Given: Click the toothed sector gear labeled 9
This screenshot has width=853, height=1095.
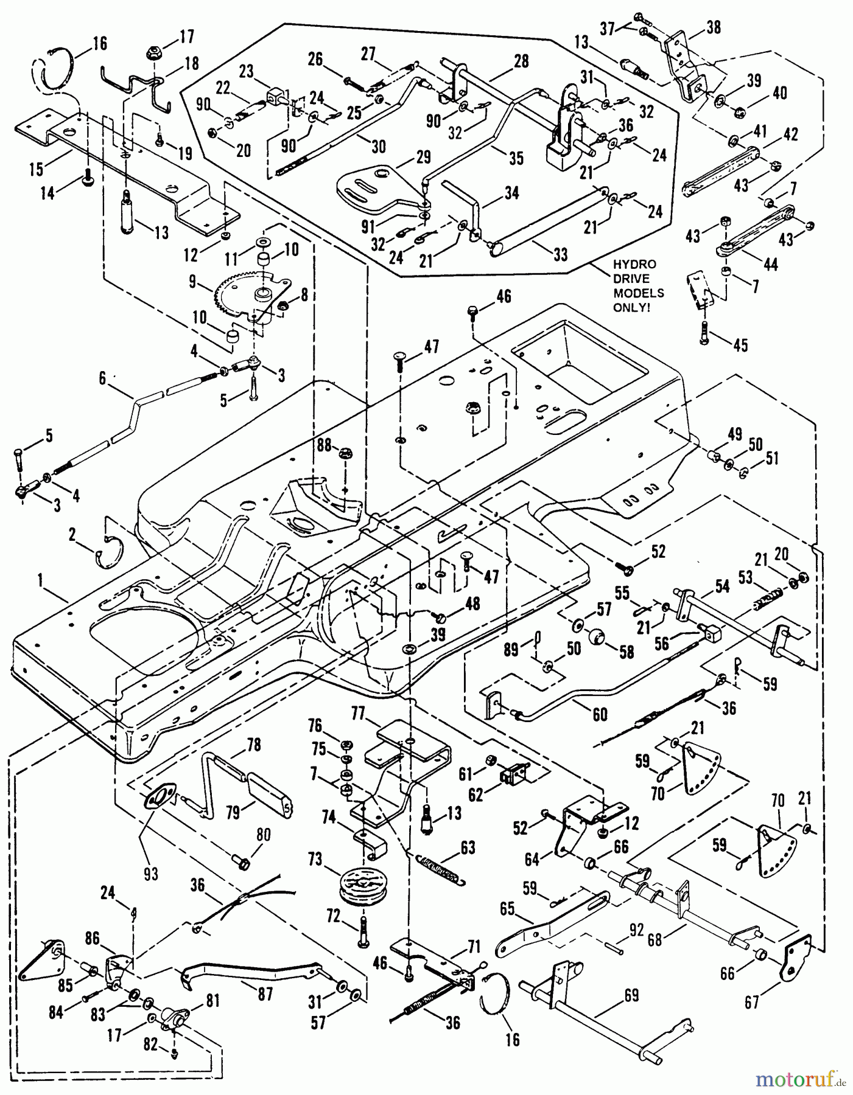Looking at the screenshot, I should (x=237, y=294).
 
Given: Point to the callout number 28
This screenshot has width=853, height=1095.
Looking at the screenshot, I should (x=521, y=61).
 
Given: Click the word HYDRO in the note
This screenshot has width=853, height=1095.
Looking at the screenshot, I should (x=639, y=265).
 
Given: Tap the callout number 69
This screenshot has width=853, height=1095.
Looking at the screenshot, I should (x=631, y=995).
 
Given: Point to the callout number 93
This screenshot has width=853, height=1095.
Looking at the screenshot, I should (x=150, y=874).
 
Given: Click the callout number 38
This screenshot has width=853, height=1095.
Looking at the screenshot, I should (x=714, y=27).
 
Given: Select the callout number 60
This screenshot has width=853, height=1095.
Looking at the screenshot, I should (x=600, y=714).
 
